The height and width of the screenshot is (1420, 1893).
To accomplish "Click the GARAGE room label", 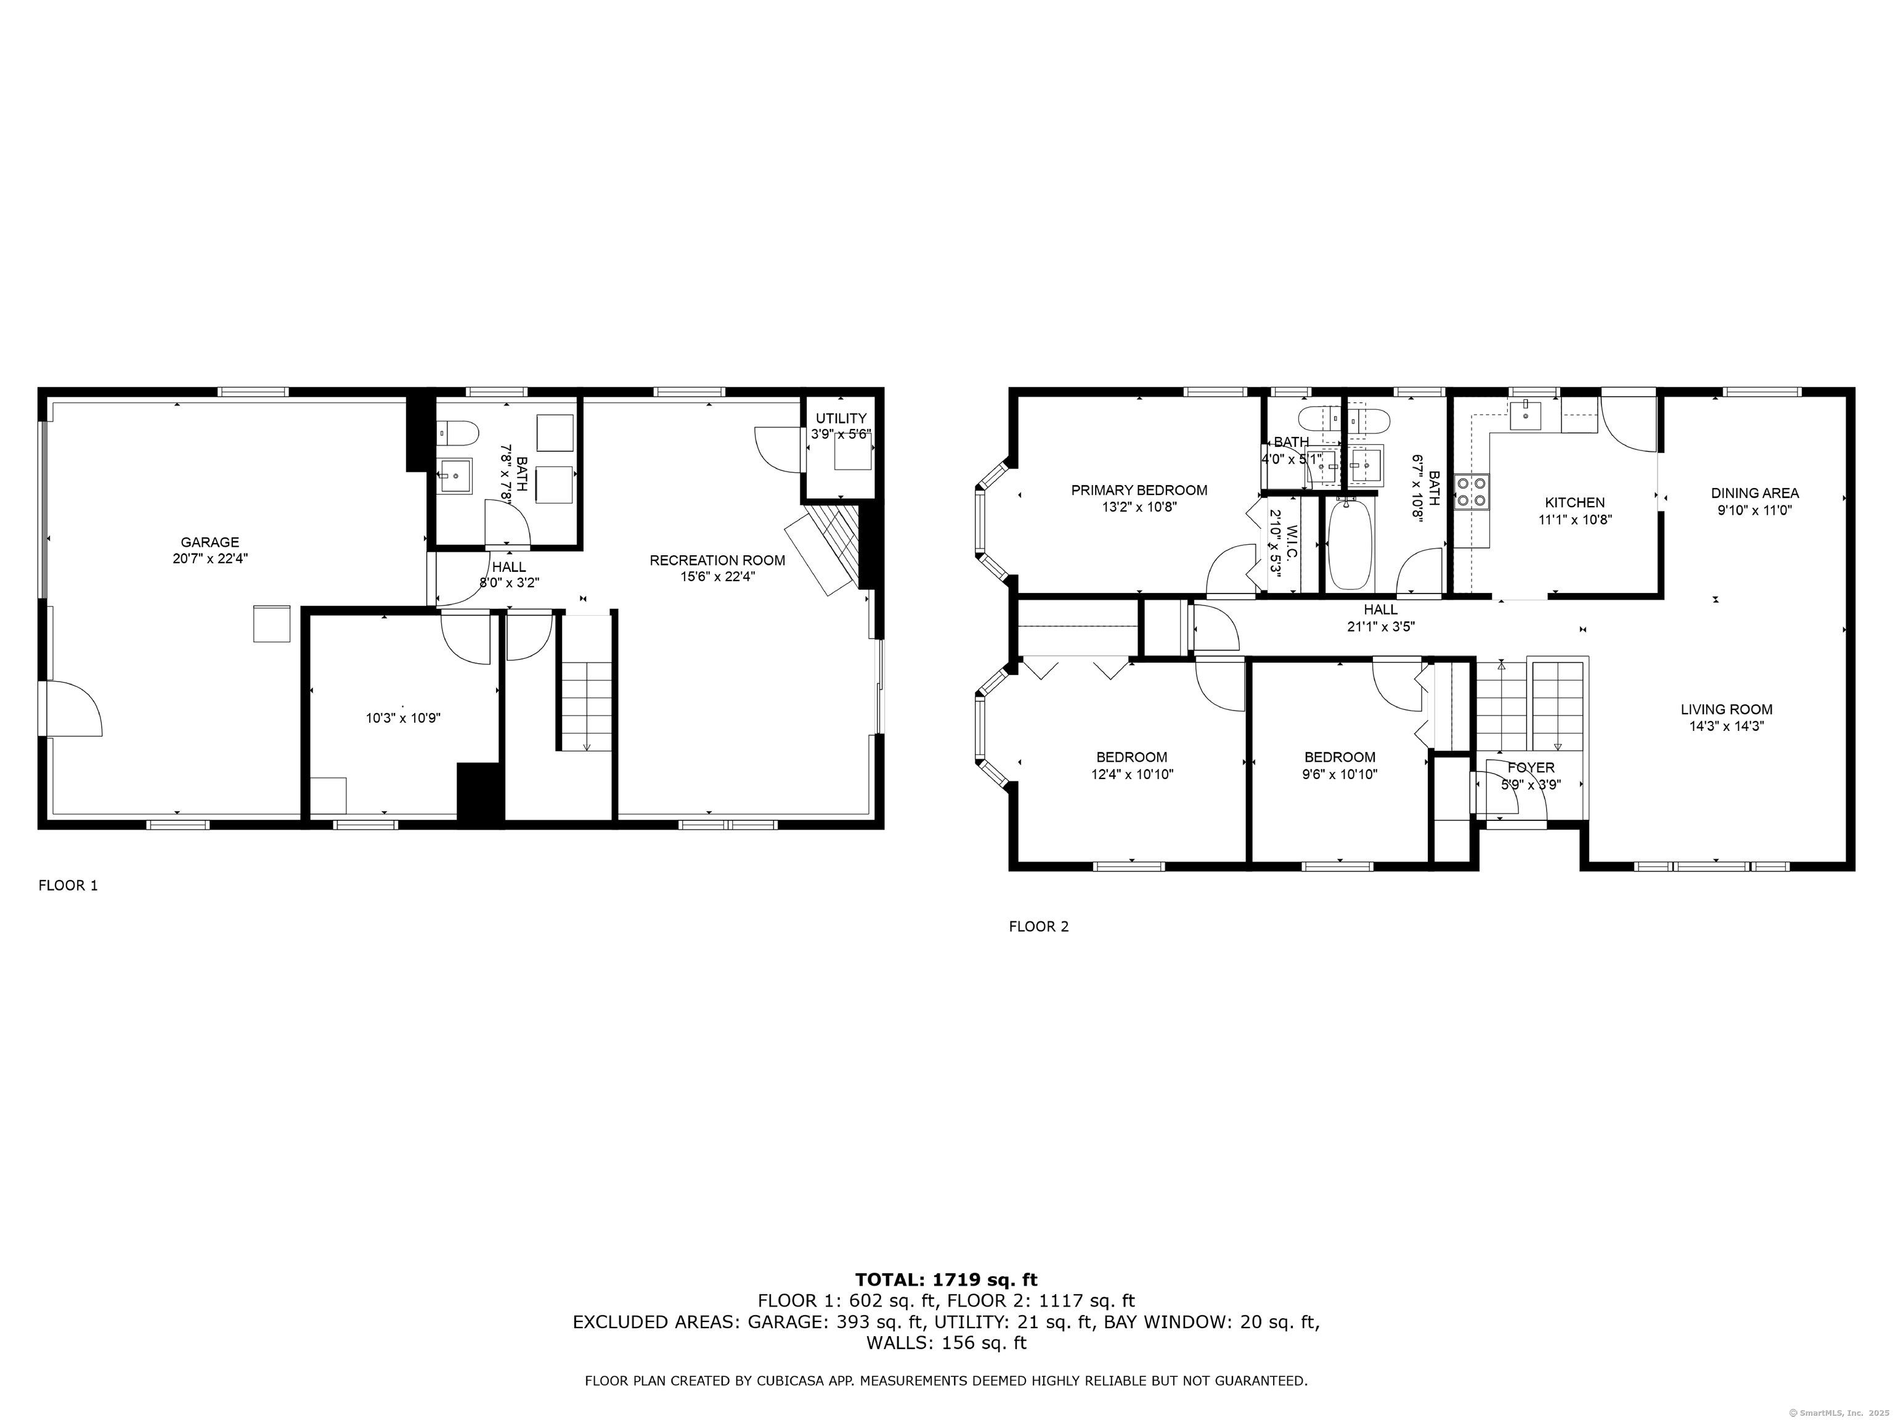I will pos(210,542).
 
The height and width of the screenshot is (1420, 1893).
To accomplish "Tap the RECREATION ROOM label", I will pos(717,561).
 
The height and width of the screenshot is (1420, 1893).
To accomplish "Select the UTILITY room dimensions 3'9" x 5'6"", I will pos(841,434).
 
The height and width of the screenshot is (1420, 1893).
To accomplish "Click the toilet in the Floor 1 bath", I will pos(456,432).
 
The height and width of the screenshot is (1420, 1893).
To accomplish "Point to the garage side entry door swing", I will pos(75,708).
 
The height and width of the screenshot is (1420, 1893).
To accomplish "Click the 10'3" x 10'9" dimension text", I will pos(403,719).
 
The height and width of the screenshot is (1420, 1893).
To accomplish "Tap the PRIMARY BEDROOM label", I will pos(1139,491).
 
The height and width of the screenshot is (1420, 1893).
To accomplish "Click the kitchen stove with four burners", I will pos(1471,492).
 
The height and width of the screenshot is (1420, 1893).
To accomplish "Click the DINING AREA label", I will pos(1754,493).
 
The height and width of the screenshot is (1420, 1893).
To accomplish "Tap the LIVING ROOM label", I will pos(1726,709).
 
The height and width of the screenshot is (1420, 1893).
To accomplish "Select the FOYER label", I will pos(1531,768).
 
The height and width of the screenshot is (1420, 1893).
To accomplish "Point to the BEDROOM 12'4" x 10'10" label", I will pos(1131,757).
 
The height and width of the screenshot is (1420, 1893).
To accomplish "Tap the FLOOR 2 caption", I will pos(1038,926).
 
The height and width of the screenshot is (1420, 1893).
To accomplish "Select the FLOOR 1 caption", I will pos(68,886).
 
